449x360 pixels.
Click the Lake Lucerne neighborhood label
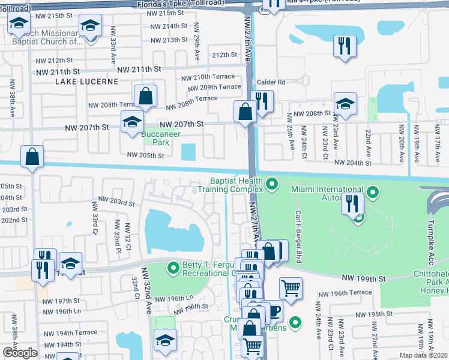point(80,82)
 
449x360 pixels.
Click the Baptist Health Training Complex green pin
point(272,184)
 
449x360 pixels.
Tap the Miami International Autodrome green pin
point(373,193)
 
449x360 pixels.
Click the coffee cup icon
point(274,311)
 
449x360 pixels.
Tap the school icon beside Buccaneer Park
point(132,122)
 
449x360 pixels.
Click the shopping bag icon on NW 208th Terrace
point(145,95)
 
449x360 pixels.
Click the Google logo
point(20,353)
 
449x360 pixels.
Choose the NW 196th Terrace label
point(345,293)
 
